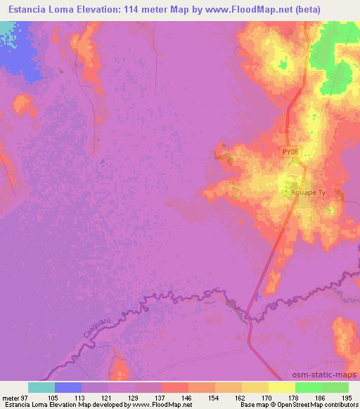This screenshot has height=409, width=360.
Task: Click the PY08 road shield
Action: [x=290, y=152]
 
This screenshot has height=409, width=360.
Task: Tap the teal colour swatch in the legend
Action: [x=41, y=387]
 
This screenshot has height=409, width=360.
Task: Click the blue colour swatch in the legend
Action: [x=68, y=387]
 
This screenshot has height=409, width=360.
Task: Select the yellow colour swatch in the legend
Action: [x=282, y=387]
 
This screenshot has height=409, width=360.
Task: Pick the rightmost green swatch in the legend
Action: [x=335, y=387]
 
